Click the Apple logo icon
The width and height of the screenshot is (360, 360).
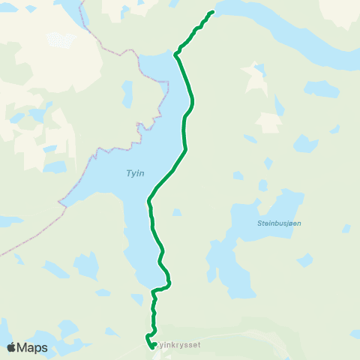pyautogui.click(x=10, y=347)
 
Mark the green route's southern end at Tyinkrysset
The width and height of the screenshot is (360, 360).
pyautogui.click(x=153, y=345)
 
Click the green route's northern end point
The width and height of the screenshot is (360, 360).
pyautogui.click(x=213, y=12)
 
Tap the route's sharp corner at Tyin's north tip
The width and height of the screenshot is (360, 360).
pyautogui.click(x=175, y=54)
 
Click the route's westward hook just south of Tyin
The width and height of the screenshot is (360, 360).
pyautogui.click(x=154, y=290)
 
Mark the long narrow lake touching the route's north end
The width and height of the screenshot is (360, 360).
pyautogui.click(x=285, y=30)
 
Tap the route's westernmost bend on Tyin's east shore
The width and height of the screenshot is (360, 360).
pyautogui.click(x=149, y=200)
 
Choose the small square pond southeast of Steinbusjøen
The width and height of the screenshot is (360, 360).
pyautogui.click(x=306, y=259)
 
